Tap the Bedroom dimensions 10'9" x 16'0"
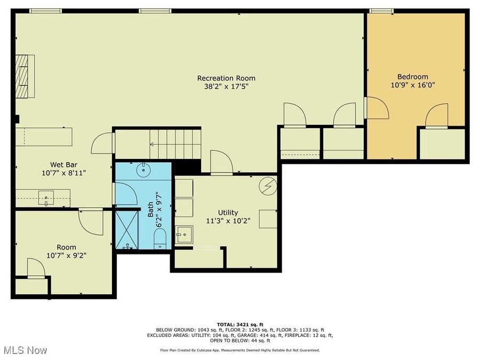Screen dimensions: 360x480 point(412,85)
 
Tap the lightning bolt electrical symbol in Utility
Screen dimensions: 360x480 point(268,186)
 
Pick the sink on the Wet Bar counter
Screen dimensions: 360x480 point(46,198)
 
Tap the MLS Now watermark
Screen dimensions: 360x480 point(26,350)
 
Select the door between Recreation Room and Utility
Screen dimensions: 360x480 point(221,163)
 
